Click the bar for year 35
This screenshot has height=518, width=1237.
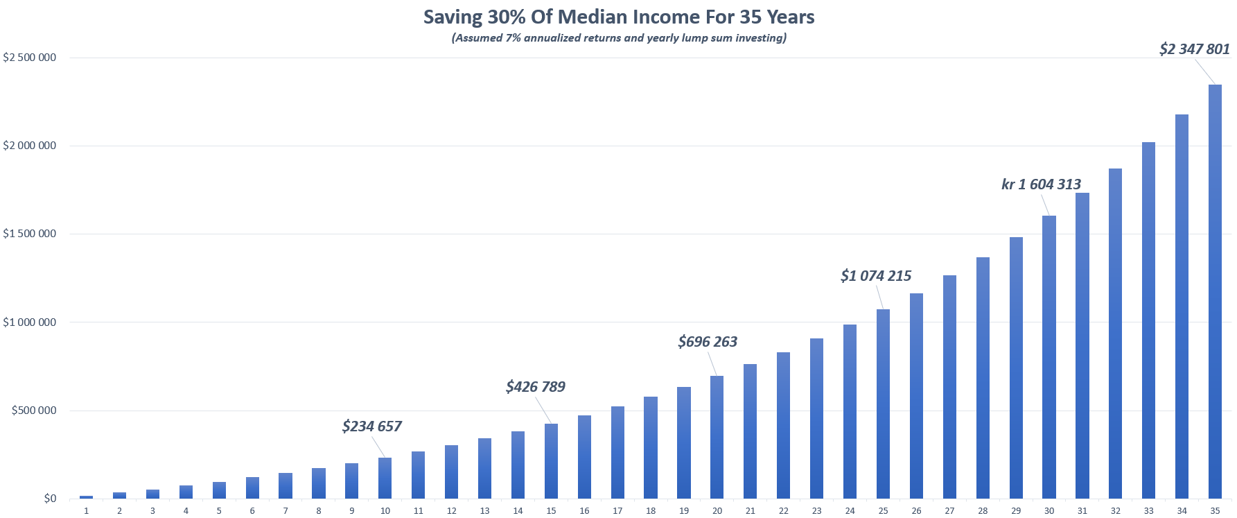[1215, 291]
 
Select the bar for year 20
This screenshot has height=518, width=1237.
[717, 437]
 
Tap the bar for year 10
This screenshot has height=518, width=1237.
[385, 478]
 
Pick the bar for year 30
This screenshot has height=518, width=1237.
[1049, 357]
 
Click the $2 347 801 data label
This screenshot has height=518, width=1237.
[1194, 49]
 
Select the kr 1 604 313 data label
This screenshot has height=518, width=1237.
[1041, 184]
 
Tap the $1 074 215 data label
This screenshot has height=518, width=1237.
[876, 276]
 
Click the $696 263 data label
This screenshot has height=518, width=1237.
[708, 342]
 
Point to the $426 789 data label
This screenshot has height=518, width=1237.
[535, 387]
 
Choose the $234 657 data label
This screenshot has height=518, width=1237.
[371, 426]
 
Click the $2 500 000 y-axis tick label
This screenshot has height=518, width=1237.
[30, 58]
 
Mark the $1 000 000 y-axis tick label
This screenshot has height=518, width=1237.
[30, 322]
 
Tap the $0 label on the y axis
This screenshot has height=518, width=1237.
[50, 499]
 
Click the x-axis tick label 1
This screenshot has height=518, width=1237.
[86, 511]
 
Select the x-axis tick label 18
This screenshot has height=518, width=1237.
[650, 511]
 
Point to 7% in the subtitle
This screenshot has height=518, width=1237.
[513, 38]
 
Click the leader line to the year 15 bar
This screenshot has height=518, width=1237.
[544, 410]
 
